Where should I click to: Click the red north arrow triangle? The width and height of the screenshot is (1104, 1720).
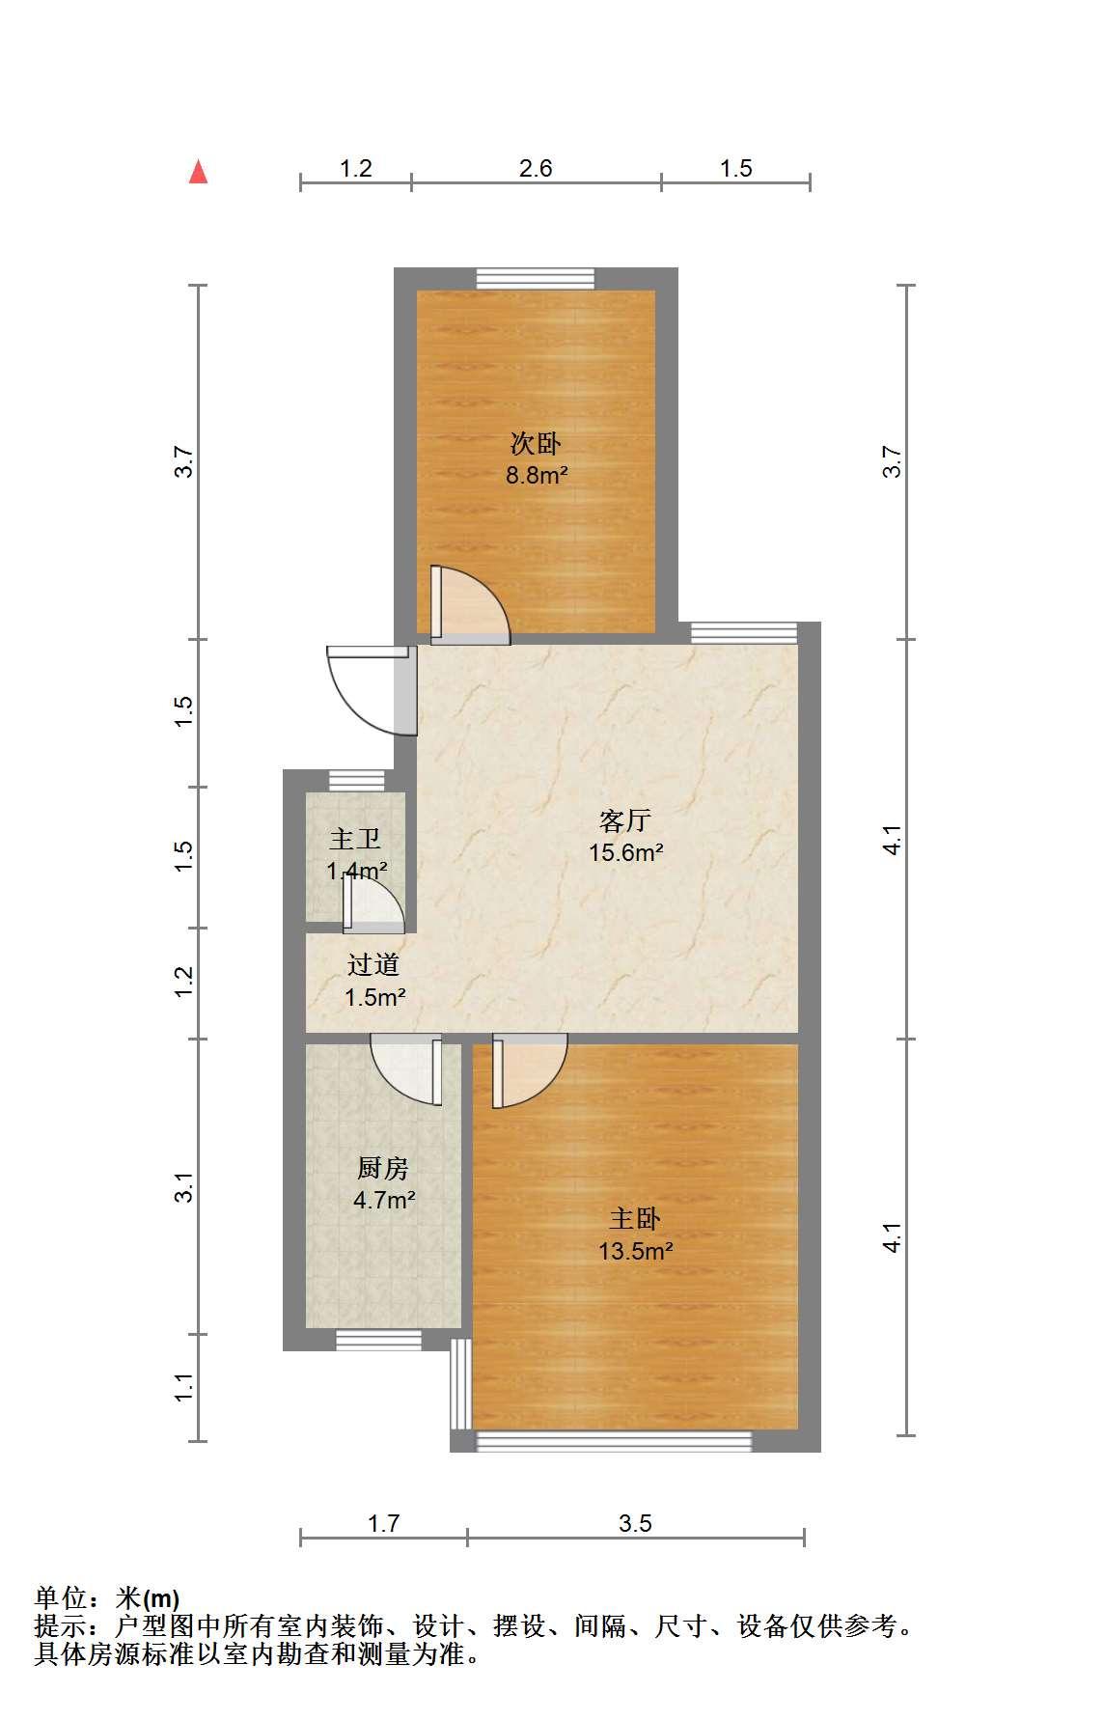point(199,172)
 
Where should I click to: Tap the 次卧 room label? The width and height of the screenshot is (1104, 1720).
point(536,444)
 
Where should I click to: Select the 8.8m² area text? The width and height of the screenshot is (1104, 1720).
point(536,475)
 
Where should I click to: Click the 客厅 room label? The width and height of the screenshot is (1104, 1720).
point(625,820)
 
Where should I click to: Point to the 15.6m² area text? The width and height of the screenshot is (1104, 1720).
point(625,852)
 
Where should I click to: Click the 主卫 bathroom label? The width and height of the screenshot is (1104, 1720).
point(355,839)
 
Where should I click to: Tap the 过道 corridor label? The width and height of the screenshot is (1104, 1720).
point(373,964)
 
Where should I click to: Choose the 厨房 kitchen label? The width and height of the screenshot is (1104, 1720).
point(383,1168)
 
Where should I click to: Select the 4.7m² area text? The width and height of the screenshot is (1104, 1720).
point(384,1200)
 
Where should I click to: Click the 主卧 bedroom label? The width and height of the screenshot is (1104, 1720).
point(635,1219)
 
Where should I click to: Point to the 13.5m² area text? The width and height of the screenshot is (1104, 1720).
point(635,1251)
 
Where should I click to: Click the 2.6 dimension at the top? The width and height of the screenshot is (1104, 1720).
point(536,168)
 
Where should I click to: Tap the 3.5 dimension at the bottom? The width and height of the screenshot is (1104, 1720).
point(635,1523)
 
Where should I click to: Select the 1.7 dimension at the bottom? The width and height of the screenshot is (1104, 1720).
point(383,1523)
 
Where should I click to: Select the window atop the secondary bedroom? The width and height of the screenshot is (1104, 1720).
point(536,278)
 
